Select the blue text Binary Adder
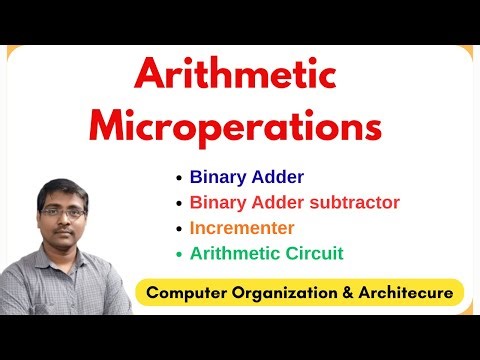(247, 177)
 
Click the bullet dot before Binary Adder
(179, 178)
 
